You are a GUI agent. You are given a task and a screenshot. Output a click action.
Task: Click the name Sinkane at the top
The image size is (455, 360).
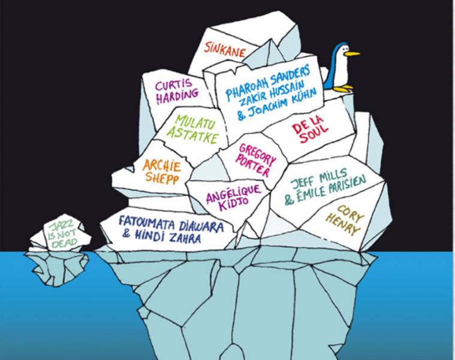click(225, 49)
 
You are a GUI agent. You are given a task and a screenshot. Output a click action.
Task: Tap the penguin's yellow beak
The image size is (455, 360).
click(352, 54)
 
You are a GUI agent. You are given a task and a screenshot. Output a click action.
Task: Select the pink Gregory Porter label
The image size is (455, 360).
click(257, 159)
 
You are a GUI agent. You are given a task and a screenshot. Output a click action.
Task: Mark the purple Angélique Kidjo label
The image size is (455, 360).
click(233, 196)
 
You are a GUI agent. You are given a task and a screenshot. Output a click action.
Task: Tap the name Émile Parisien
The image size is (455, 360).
click(333, 196)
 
